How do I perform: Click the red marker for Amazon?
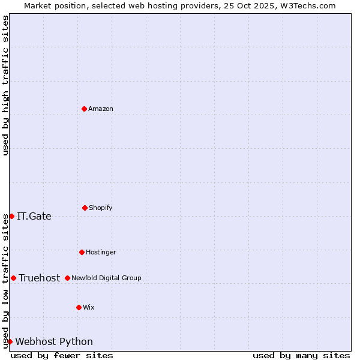85,109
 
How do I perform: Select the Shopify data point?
85,208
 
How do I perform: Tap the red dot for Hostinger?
82,252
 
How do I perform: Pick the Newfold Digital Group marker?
67,278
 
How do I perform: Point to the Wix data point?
79,307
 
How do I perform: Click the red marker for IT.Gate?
11,216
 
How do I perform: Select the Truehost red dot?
13,278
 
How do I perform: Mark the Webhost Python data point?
10,341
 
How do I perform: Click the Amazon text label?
101,109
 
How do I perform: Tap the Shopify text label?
101,208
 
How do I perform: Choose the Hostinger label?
101,252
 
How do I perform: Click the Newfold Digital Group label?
106,278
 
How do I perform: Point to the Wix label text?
89,307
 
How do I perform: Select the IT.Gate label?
34,217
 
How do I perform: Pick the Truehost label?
40,278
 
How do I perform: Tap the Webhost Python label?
54,342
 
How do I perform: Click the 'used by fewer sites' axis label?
62,355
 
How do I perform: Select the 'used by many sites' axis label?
301,355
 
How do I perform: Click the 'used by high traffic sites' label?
5,85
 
